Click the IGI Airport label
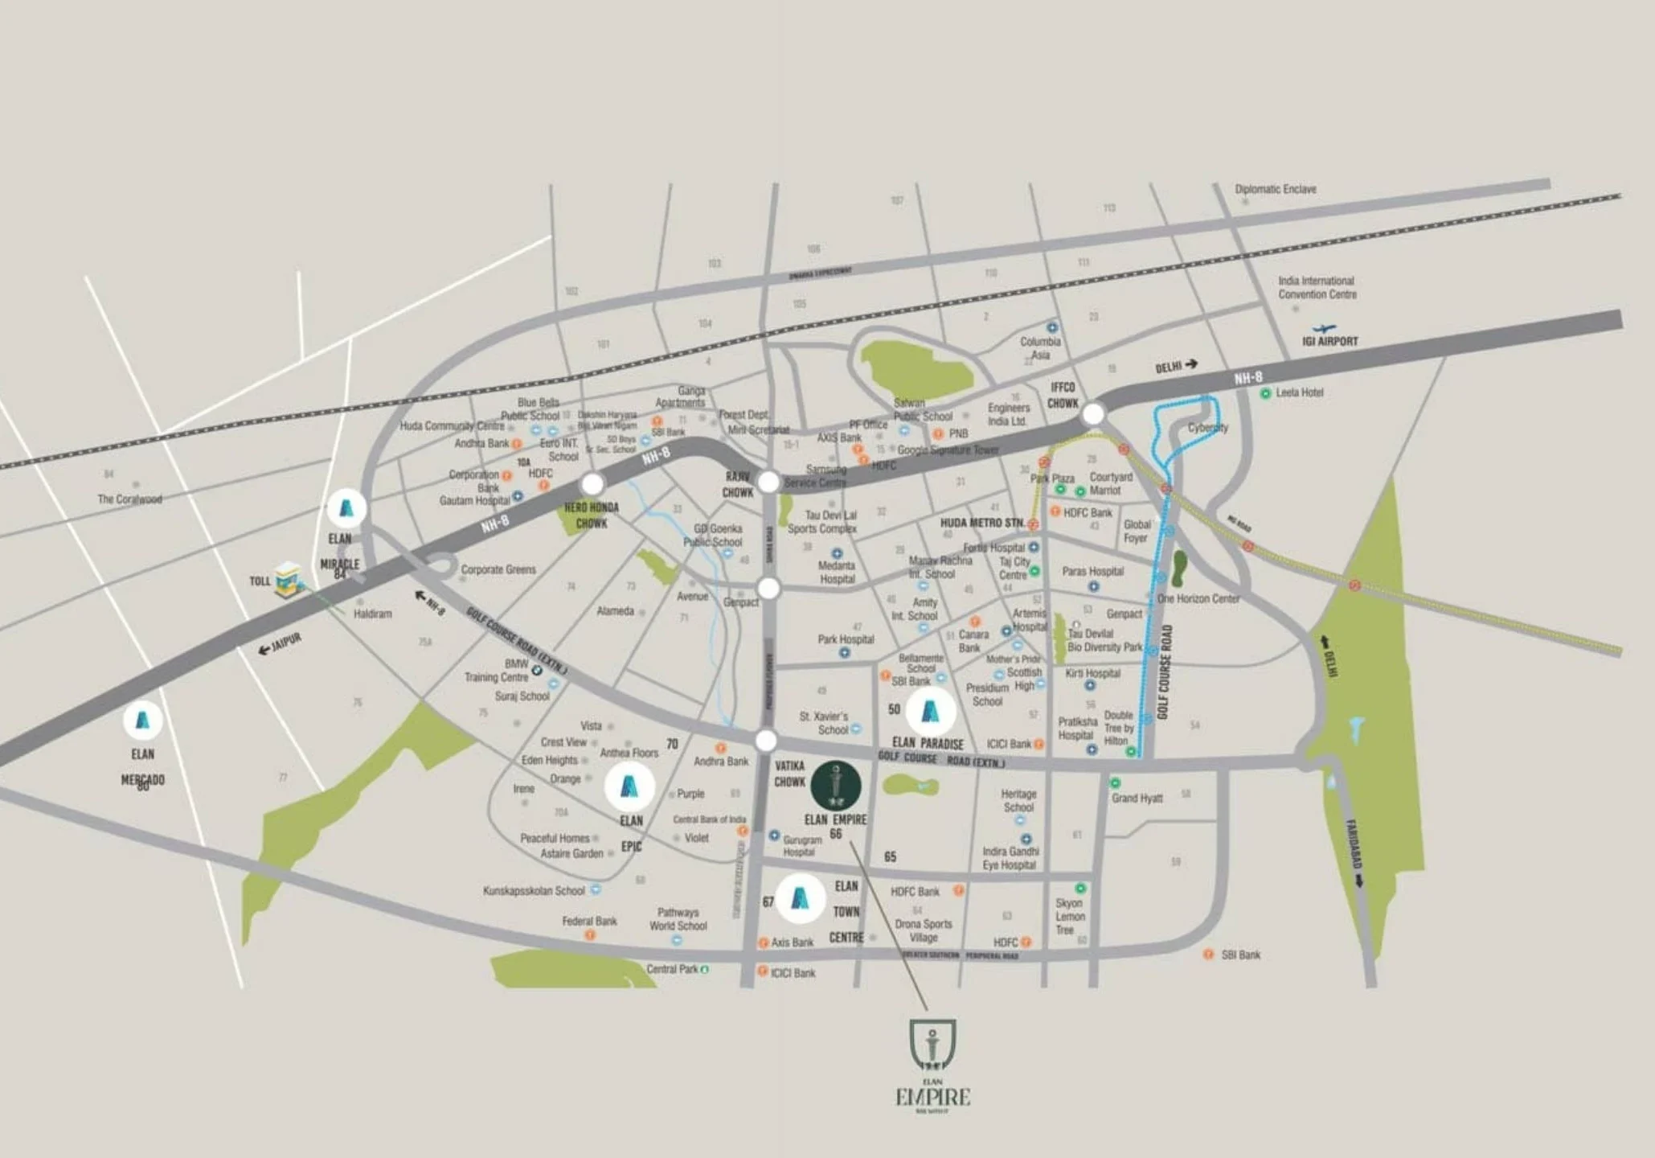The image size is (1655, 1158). [1329, 342]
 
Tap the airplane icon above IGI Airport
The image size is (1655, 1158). [1323, 328]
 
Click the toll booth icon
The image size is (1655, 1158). [288, 579]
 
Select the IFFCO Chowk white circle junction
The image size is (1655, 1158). [1092, 414]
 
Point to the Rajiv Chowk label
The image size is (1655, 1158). [738, 485]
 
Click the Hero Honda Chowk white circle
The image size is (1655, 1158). [592, 484]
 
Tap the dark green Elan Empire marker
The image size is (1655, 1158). [836, 786]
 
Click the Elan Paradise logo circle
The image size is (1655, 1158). [930, 711]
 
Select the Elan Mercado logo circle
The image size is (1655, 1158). [142, 720]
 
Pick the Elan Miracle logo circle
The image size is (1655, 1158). [346, 508]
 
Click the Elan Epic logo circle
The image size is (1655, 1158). [629, 786]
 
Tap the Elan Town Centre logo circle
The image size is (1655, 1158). [800, 897]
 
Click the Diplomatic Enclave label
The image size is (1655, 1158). [1276, 190]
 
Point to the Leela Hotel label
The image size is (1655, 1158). [1299, 393]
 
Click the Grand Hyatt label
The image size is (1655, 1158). [1137, 799]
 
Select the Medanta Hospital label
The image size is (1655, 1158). [837, 573]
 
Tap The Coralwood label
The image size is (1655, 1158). [129, 499]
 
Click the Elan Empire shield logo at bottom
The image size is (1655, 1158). [932, 1045]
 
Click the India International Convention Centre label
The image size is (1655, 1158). [1317, 288]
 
